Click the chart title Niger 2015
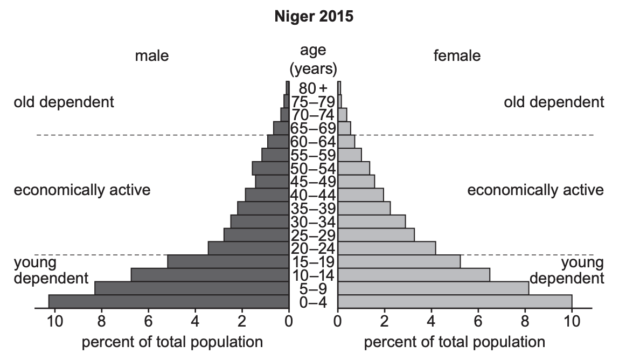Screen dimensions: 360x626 (314, 17)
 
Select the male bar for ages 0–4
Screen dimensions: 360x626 (169, 302)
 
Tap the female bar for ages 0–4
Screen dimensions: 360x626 (455, 302)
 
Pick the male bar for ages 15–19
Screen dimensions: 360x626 (228, 262)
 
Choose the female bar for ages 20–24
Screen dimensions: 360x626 (386, 248)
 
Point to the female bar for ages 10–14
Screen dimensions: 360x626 (414, 275)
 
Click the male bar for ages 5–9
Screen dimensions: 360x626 (192, 288)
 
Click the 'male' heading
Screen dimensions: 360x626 (151, 56)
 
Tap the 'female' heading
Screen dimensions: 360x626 (457, 56)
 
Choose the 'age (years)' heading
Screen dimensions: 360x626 (314, 59)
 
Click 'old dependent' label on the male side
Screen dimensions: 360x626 (64, 102)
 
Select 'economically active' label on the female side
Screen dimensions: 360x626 (535, 190)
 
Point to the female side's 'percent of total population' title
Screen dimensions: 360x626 (454, 342)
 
